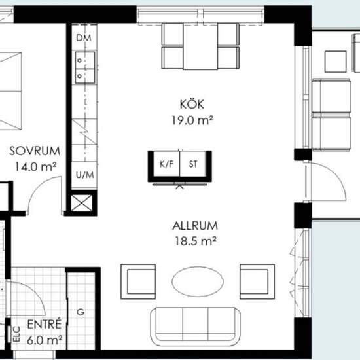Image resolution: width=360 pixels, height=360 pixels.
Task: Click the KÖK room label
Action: [192, 104]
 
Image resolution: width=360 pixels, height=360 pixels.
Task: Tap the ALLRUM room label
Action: [195, 226]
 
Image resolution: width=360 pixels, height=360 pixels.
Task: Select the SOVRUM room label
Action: [35, 151]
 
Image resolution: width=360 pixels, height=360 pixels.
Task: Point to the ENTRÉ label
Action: [45, 324]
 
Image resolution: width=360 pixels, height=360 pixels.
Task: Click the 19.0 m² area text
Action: [192, 120]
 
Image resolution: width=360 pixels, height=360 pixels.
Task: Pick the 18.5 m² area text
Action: [196, 241]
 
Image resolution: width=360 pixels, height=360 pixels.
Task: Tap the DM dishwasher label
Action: [84, 38]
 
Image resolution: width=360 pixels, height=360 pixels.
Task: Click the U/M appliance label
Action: [84, 175]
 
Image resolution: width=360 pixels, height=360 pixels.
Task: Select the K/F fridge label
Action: [166, 164]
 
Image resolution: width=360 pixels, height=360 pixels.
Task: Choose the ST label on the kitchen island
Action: [193, 164]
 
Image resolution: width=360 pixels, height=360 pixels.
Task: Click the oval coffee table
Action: [198, 281]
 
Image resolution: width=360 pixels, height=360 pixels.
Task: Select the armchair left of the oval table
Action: [138, 281]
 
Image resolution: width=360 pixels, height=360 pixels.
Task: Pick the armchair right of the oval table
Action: [257, 281]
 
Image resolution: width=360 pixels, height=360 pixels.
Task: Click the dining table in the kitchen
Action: [200, 46]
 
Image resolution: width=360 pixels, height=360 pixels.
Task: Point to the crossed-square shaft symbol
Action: [82, 203]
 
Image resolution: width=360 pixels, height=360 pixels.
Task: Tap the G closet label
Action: [81, 312]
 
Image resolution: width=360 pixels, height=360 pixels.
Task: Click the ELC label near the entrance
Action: [17, 334]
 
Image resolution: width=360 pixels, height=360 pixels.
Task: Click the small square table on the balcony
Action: [335, 62]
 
